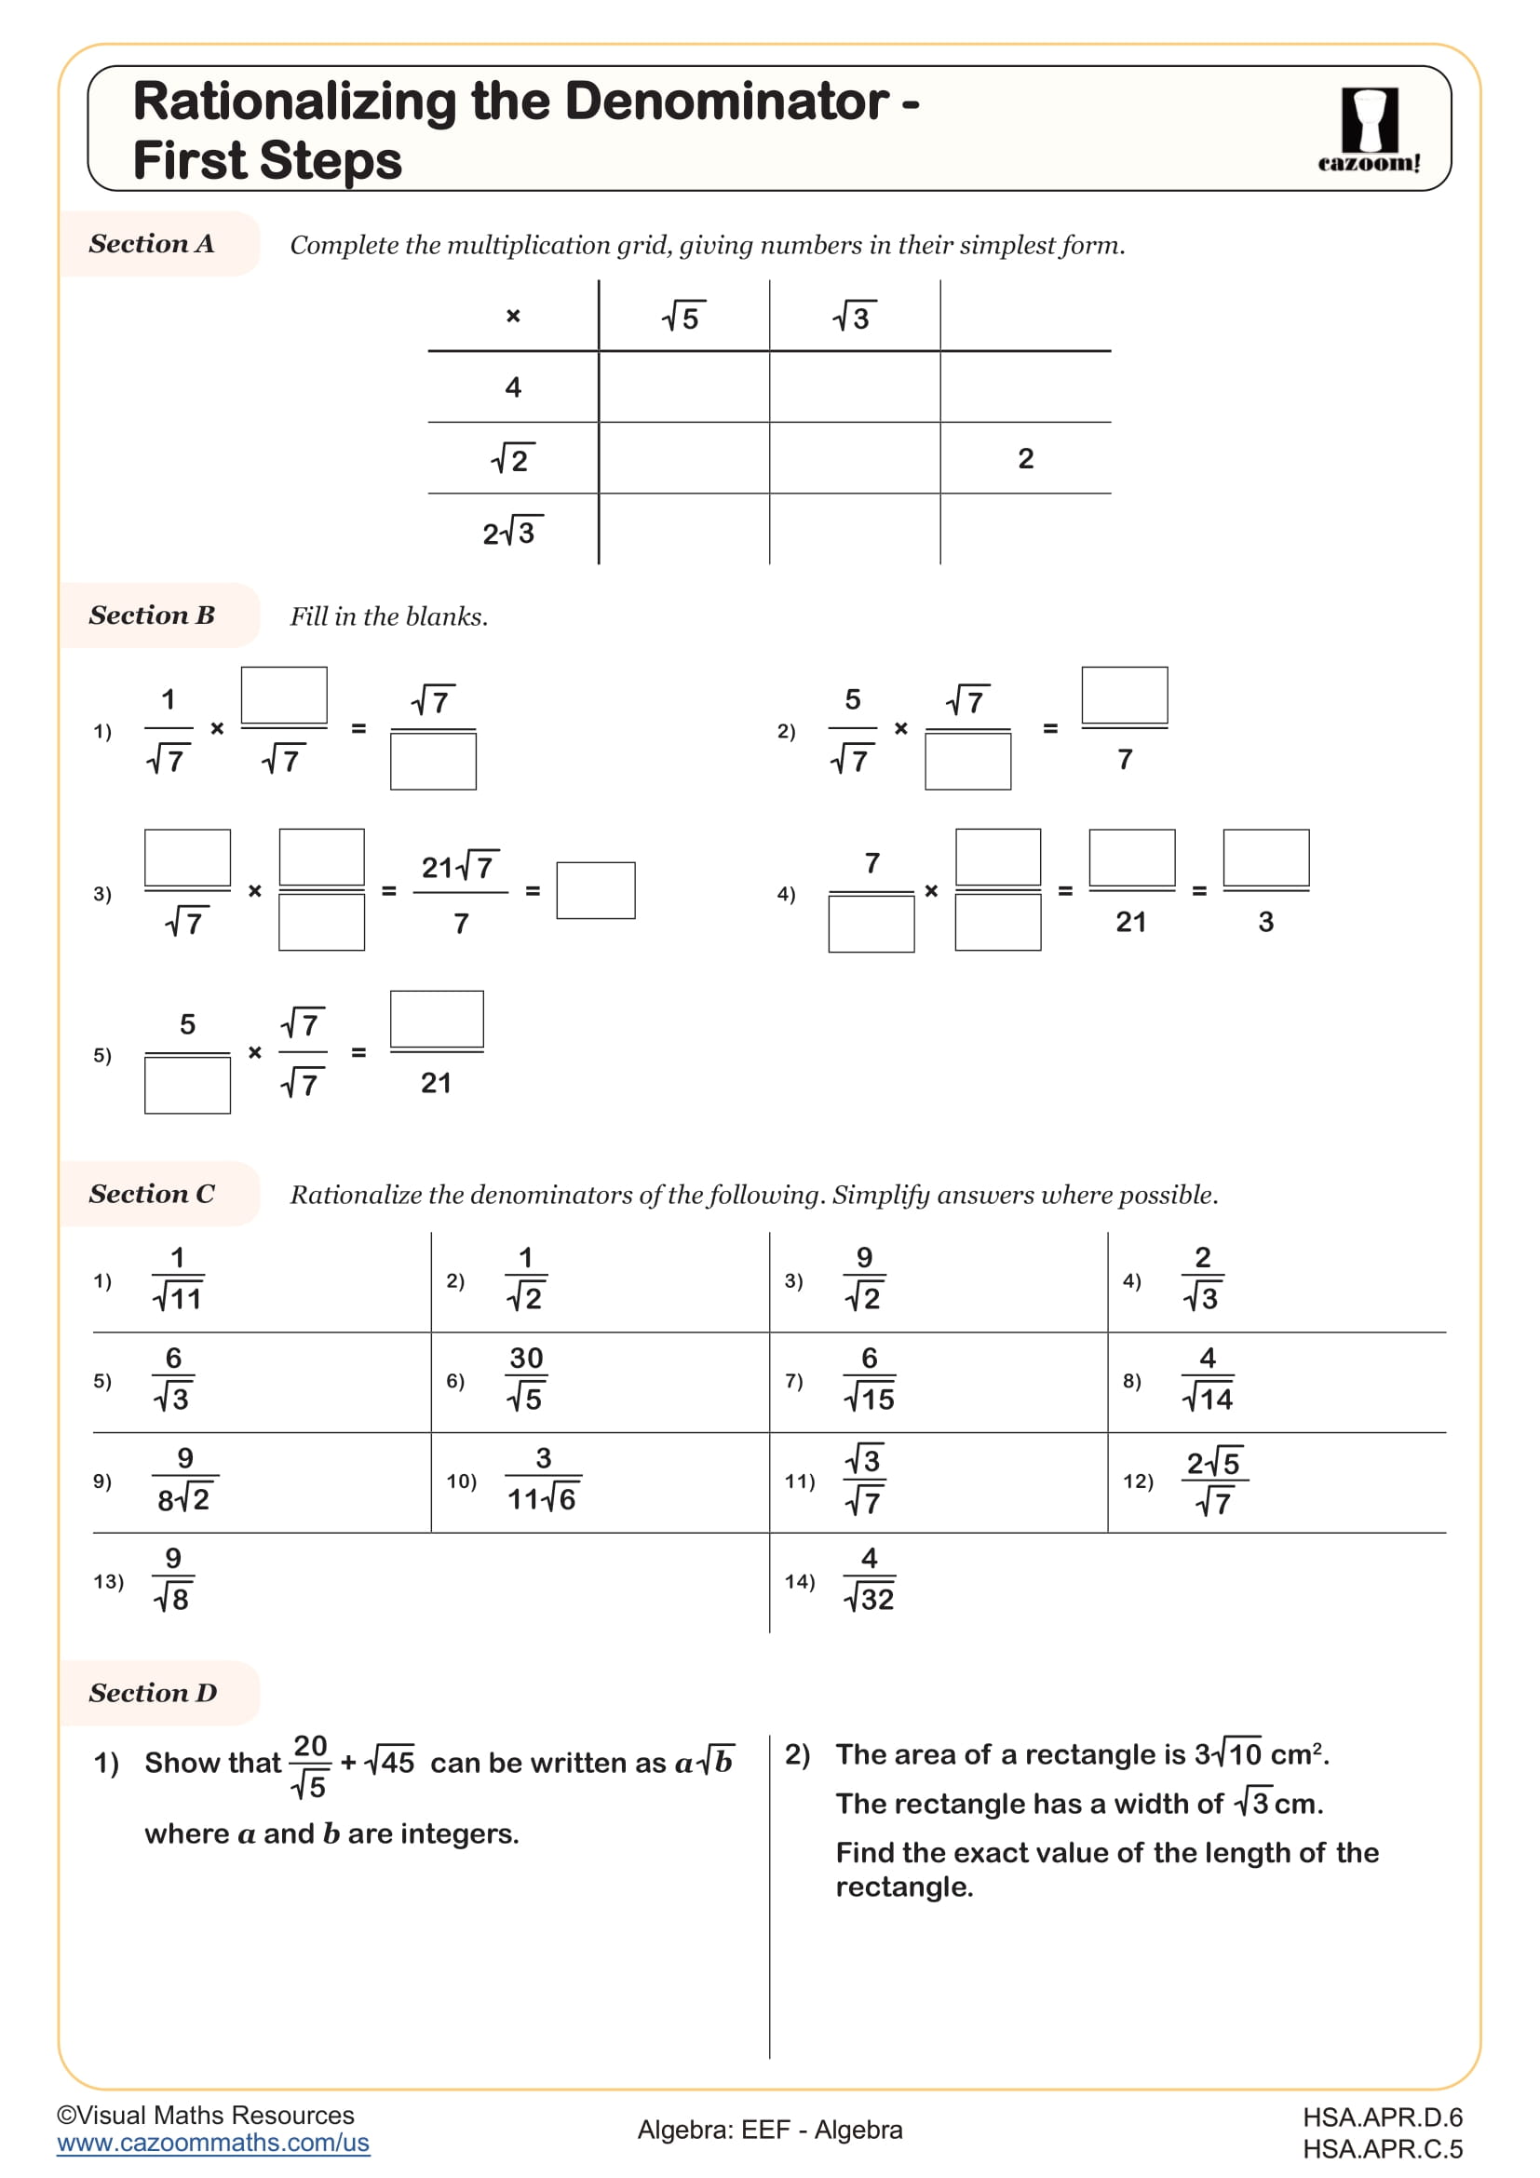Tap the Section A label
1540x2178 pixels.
(152, 244)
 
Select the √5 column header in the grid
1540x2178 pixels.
(682, 317)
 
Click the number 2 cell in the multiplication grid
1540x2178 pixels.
(1025, 458)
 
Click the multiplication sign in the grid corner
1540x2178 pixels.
(513, 316)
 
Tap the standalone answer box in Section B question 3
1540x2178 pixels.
(596, 890)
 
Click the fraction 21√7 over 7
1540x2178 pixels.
(460, 892)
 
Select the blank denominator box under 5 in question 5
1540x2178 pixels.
(187, 1084)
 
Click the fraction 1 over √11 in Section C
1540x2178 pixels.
(178, 1278)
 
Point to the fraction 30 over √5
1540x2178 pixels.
(525, 1378)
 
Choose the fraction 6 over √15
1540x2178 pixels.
(869, 1378)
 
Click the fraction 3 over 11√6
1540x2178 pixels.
(543, 1479)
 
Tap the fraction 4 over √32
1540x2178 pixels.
(869, 1579)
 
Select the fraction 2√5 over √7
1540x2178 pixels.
(1214, 1481)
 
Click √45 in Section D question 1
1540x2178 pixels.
(391, 1763)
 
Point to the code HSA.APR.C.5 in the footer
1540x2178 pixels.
(1382, 2148)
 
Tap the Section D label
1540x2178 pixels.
(153, 1692)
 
